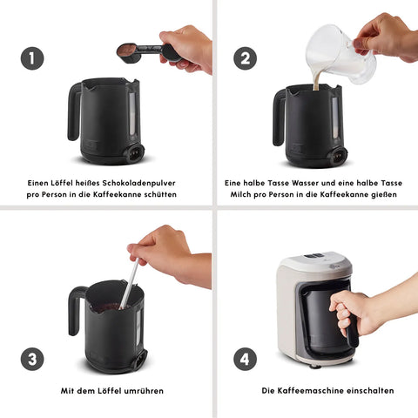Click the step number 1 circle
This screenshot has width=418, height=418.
[x=32, y=58]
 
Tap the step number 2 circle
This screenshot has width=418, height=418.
[x=246, y=58]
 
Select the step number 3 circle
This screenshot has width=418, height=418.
[x=32, y=359]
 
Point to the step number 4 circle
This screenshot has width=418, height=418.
[x=246, y=359]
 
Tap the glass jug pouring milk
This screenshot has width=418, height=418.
[x=340, y=54]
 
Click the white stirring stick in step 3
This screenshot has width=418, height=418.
[x=129, y=285]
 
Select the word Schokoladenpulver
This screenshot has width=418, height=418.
[x=138, y=183]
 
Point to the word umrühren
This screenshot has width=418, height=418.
[x=144, y=391]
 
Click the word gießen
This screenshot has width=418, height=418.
[x=384, y=194]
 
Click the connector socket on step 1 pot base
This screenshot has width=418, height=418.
[x=135, y=152]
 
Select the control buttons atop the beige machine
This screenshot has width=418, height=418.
[x=314, y=256]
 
